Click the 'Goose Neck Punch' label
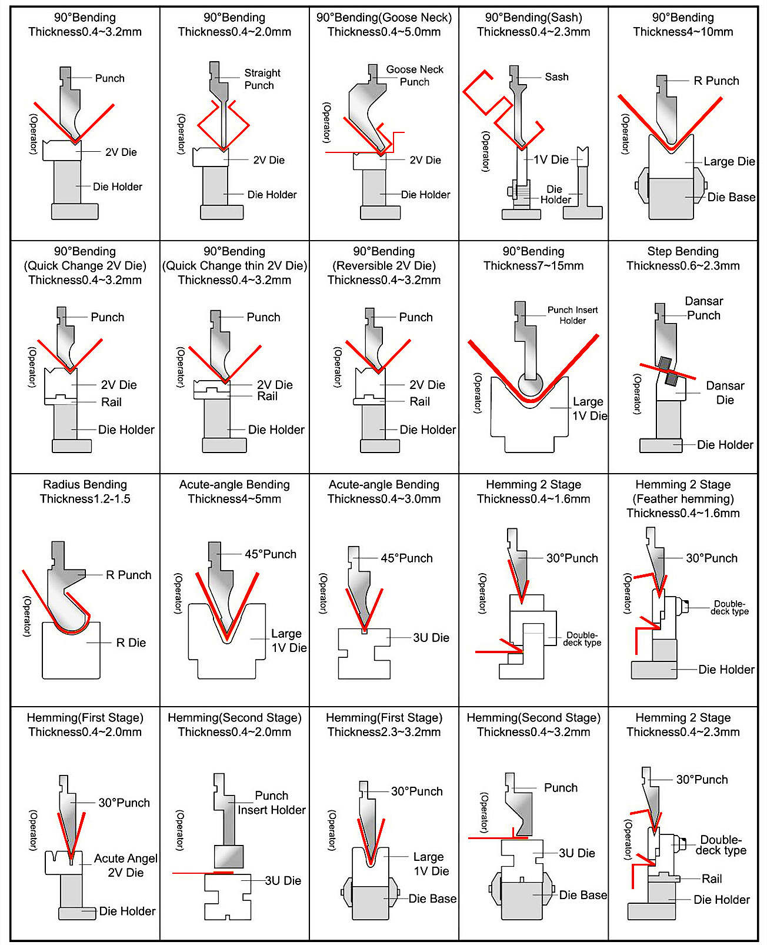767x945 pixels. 415,75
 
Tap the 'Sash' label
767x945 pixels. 556,77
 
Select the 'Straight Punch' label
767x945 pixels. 262,79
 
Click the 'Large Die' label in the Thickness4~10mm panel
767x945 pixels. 729,161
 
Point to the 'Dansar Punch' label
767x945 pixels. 703,308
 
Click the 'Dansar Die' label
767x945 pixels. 725,392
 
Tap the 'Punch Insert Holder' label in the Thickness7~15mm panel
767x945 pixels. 572,315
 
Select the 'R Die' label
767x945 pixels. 131,643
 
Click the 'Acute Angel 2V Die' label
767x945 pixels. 125,866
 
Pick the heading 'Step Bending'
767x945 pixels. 682,251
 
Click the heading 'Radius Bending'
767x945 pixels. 85,484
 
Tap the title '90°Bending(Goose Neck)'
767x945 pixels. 383,18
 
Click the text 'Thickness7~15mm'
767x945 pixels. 533,265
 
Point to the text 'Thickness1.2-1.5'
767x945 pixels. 85,499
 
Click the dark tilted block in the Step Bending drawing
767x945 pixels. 668,371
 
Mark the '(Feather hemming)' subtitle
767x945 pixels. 682,499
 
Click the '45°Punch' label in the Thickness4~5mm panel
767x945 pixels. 270,554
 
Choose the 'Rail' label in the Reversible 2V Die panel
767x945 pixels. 419,402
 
